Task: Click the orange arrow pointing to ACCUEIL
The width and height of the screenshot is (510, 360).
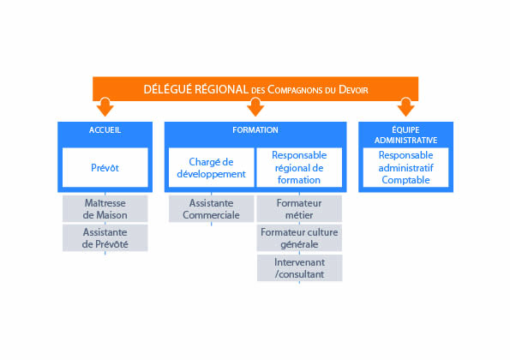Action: coord(105,107)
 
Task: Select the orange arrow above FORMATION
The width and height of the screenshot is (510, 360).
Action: coord(255,107)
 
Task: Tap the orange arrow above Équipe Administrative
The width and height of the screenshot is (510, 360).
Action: coord(405,107)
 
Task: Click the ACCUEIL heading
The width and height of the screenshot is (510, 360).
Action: coord(105,130)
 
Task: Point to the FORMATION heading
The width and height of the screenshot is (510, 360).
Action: coord(255,130)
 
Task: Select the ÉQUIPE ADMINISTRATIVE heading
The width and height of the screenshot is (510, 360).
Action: coord(405,135)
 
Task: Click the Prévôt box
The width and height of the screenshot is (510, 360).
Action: coord(105,167)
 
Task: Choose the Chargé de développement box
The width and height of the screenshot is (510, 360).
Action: coord(211,167)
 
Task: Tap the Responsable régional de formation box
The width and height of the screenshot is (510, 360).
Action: coord(299,167)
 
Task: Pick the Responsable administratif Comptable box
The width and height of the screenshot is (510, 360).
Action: coord(405,167)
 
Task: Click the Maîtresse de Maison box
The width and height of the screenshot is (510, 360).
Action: coord(105,209)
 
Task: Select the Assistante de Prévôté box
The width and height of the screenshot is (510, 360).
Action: coord(105,238)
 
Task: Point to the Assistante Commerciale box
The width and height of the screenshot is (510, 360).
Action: coord(211,209)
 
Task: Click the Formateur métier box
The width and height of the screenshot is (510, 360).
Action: coord(299,209)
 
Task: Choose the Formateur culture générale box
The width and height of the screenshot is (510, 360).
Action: coord(299,238)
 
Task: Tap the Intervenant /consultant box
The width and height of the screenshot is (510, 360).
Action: coord(299,268)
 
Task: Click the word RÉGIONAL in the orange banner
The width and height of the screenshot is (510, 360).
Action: coord(221,89)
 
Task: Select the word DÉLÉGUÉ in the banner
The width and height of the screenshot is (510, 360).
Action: coord(167,89)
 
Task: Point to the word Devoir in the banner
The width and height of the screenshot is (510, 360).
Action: coord(353,89)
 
